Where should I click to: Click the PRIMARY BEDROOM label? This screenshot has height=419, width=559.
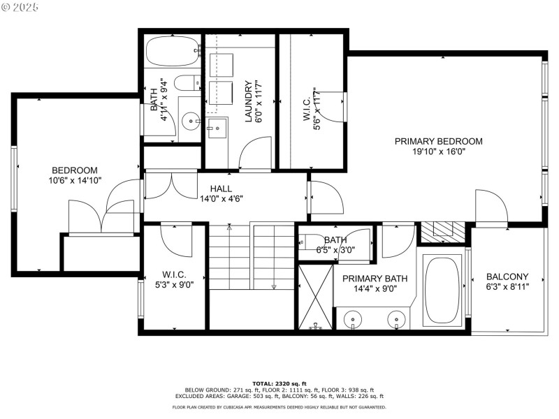click(438, 141)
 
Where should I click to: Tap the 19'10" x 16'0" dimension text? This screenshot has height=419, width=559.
click(438, 151)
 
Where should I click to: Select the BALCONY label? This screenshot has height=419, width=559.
click(507, 277)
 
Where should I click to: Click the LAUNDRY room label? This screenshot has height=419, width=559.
click(248, 102)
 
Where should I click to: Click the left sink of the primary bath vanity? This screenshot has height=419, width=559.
click(354, 320)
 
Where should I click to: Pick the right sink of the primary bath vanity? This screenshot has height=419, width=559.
click(397, 320)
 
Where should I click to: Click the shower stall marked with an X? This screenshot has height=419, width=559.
click(315, 297)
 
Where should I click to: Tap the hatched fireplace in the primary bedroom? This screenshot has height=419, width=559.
click(440, 231)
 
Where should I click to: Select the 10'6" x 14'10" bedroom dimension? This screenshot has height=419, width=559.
click(75, 180)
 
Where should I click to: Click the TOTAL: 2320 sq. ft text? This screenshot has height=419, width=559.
click(279, 383)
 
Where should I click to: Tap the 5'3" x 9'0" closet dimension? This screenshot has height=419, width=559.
click(174, 284)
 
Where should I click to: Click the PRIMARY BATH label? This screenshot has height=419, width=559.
click(375, 278)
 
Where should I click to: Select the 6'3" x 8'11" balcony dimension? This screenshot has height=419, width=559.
click(507, 286)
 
